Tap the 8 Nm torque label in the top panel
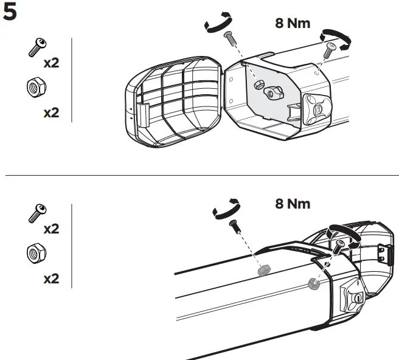pyautogui.click(x=293, y=24)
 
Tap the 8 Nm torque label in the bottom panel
pyautogui.click(x=293, y=204)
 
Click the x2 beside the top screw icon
pyautogui.click(x=51, y=63)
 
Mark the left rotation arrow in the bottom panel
pyautogui.click(x=226, y=209)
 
